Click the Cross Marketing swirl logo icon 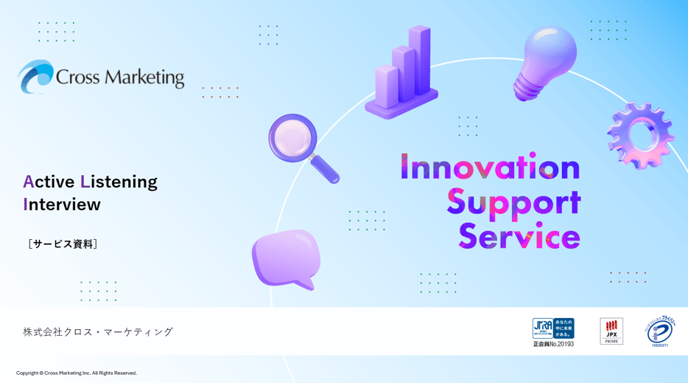(x=35, y=77)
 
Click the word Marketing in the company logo (x=144, y=77)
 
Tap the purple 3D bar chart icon (x=402, y=74)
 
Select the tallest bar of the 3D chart (x=421, y=59)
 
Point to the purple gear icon (x=639, y=135)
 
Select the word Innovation (x=490, y=168)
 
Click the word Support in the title (x=513, y=202)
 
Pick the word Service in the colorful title (x=519, y=236)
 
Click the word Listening (x=119, y=182)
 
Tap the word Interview (x=62, y=204)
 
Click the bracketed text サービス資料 (x=63, y=244)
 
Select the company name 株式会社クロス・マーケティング (x=98, y=331)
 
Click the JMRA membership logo (x=553, y=332)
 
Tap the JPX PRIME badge (x=611, y=331)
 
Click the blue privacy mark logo (x=659, y=331)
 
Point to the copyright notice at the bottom (x=77, y=373)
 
